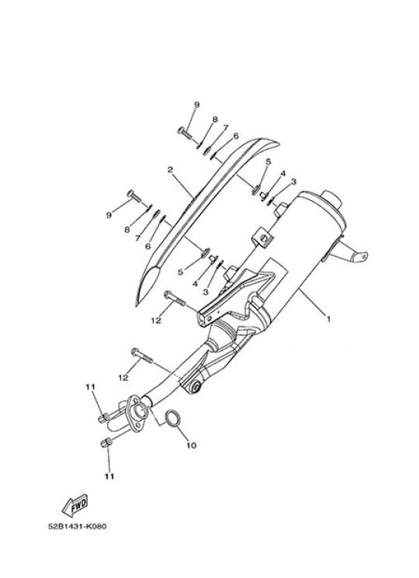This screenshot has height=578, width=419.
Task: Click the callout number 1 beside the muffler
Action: pos(328,319)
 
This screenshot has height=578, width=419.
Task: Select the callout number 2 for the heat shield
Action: pos(170,170)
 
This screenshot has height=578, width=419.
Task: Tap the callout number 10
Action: pos(191,445)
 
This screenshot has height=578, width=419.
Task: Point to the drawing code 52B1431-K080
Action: pos(78,526)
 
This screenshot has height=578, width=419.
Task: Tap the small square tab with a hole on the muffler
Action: pos(261,237)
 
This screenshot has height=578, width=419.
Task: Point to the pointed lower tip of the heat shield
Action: pos(137,305)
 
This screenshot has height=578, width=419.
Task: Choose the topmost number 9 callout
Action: pos(196,105)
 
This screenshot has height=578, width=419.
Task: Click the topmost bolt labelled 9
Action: pos(185,133)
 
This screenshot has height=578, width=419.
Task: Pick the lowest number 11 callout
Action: pos(109,476)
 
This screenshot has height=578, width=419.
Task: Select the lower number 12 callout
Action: pos(123,378)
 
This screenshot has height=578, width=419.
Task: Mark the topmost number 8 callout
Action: pos(215,119)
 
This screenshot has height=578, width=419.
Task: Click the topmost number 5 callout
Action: pos(268,161)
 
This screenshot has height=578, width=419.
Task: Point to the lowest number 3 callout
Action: pos(206,291)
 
